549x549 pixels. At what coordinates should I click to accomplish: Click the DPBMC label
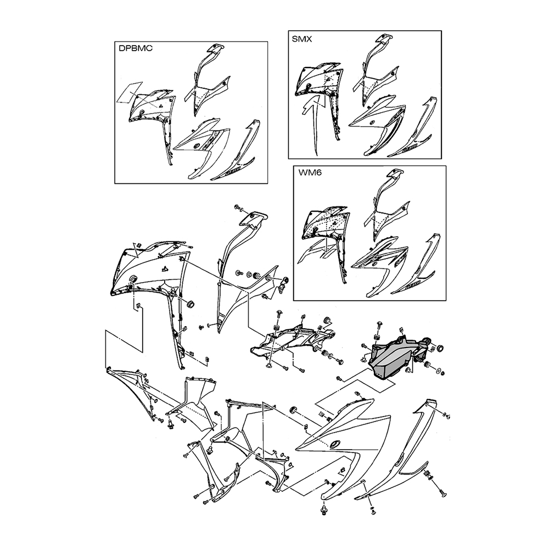click(x=136, y=48)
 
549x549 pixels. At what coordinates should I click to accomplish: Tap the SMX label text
click(x=302, y=39)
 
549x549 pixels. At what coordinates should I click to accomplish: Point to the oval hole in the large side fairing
click(x=335, y=444)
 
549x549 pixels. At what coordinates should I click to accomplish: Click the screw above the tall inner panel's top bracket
click(x=240, y=208)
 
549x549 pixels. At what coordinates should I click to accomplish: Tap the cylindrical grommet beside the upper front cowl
click(x=191, y=304)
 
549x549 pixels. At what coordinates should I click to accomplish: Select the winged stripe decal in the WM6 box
click(x=316, y=250)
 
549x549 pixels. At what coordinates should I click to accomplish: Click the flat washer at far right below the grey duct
click(x=439, y=369)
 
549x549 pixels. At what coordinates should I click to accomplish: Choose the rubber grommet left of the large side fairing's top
click(x=293, y=410)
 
